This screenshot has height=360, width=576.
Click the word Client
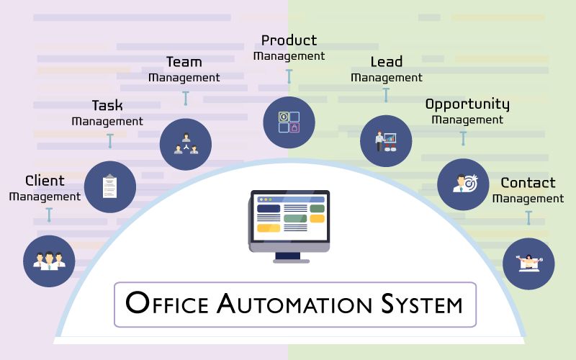click(x=45, y=181)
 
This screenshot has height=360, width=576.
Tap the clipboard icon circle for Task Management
click(x=110, y=187)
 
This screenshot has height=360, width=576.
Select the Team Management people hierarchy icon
click(x=186, y=144)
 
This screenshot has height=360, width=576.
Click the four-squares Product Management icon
click(x=289, y=122)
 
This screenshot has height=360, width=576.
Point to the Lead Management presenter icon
click(x=386, y=141)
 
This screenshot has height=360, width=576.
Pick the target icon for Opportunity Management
click(x=463, y=184)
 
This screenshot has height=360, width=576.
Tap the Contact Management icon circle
click(x=528, y=264)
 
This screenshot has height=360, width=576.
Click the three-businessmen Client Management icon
click(x=49, y=261)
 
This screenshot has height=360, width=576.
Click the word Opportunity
click(x=467, y=104)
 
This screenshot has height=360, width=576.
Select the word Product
click(x=289, y=40)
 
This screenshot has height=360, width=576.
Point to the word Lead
click(x=387, y=61)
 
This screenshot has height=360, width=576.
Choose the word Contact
click(x=528, y=183)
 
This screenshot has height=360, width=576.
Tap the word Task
click(x=107, y=105)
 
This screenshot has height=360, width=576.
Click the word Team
click(x=184, y=62)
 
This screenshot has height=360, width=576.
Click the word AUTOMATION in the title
click(x=294, y=304)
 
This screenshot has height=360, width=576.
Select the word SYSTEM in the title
click(x=422, y=304)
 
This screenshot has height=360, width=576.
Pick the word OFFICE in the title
click(x=167, y=303)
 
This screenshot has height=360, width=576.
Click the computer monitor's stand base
click(x=292, y=261)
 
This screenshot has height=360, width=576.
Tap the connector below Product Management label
click(x=289, y=76)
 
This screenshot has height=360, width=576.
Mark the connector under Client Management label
click(x=49, y=215)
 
